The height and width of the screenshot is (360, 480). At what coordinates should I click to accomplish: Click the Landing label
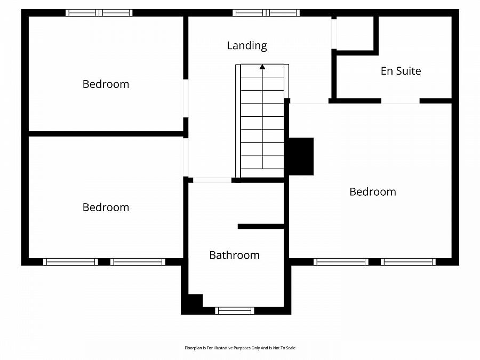pos(246,45)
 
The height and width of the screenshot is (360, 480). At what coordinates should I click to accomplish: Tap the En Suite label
pos(401,71)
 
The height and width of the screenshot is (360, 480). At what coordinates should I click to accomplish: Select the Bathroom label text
pos(234,255)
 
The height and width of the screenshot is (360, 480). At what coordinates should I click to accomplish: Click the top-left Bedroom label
pos(106,84)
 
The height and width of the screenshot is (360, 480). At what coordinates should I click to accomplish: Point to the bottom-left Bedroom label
pos(106,207)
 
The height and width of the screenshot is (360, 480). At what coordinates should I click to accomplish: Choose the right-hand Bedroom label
pos(372,191)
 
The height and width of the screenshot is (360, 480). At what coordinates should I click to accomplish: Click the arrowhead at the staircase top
pos(262,67)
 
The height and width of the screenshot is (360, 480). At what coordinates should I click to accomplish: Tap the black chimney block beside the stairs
pos(301,156)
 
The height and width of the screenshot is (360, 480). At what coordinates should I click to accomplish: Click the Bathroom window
pos(234,310)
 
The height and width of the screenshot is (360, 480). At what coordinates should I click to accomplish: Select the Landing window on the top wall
pos(266,13)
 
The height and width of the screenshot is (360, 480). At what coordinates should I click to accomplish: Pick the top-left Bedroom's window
pos(99,13)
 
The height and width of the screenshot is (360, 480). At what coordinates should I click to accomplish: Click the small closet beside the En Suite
pos(355,33)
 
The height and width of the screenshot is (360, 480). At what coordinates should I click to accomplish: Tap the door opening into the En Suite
pos(400,101)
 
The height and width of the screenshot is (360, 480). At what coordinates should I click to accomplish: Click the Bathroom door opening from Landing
pos(212,180)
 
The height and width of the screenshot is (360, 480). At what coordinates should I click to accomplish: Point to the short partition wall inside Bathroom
pos(260,227)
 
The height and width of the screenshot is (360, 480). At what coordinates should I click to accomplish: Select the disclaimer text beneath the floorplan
pos(239,348)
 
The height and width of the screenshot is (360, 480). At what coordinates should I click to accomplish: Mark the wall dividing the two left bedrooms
pos(106,134)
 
